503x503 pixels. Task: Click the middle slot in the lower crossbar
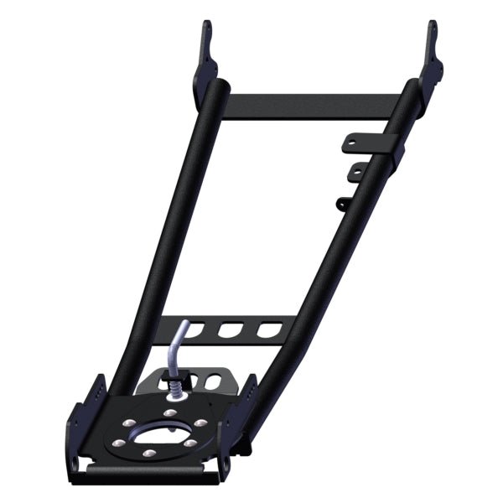pyautogui.click(x=228, y=329)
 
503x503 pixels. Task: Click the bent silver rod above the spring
pyautogui.click(x=174, y=348)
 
